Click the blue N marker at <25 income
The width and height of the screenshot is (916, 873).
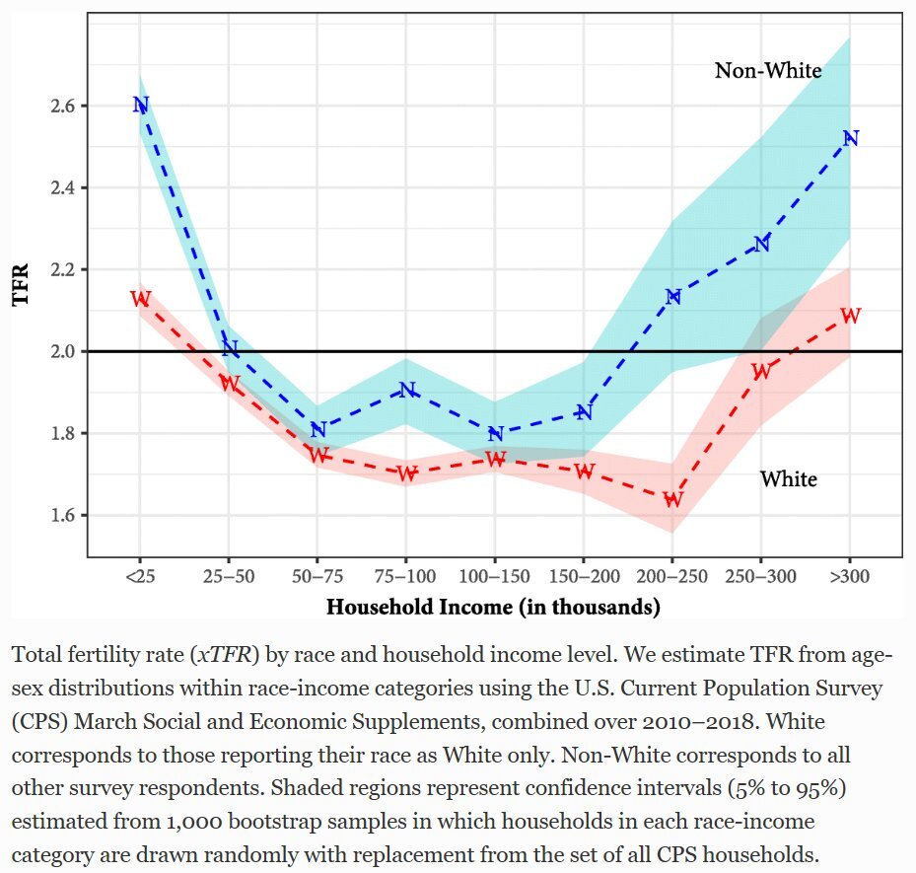tap(140, 105)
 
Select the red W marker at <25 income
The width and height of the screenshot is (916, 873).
tap(140, 299)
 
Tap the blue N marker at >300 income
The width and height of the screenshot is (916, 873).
tap(850, 138)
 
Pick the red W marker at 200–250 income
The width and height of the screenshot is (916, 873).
tap(672, 499)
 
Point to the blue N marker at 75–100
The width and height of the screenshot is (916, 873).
tap(406, 390)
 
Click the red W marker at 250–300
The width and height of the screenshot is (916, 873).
tap(761, 372)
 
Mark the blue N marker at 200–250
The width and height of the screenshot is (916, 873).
tap(672, 296)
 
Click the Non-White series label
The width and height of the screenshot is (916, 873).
tap(767, 71)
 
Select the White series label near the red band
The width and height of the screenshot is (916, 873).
tap(788, 479)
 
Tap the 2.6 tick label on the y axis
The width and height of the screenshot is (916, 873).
tap(66, 106)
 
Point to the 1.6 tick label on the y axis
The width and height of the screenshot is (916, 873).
tap(66, 515)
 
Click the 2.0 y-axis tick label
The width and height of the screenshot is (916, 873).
tap(66, 351)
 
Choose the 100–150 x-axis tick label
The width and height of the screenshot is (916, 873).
tap(495, 576)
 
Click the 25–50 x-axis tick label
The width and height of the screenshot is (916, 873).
tap(229, 576)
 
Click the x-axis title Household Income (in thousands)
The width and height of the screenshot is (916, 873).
tap(493, 607)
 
